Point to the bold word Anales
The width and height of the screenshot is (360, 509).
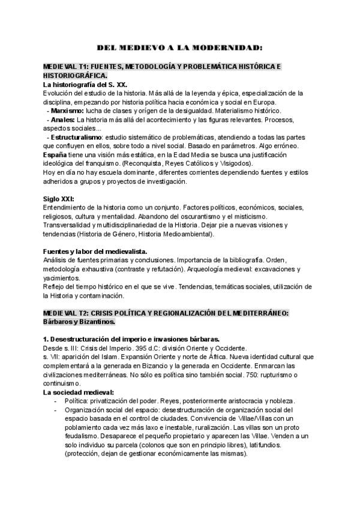click(x=63, y=119)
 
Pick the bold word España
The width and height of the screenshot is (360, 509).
click(x=55, y=155)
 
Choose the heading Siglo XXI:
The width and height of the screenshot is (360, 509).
click(x=59, y=199)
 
